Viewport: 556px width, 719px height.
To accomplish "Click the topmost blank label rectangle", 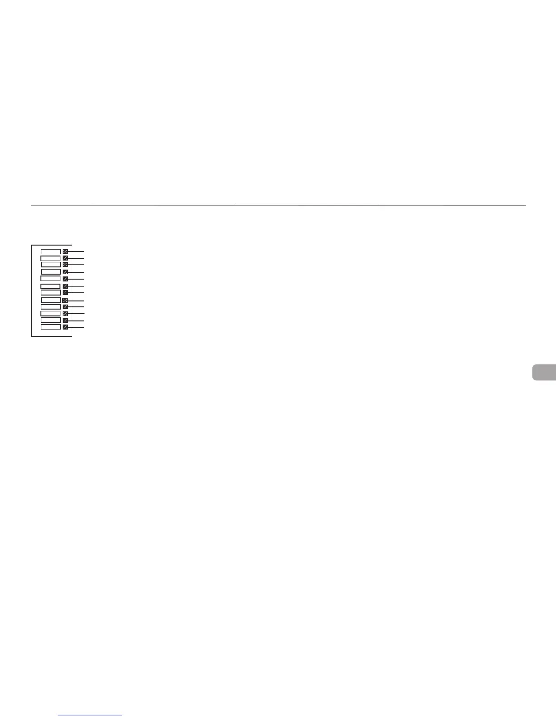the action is pyautogui.click(x=50, y=251).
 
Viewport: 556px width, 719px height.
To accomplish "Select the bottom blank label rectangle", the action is pyautogui.click(x=50, y=327).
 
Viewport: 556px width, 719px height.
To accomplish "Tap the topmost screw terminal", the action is pyautogui.click(x=65, y=251).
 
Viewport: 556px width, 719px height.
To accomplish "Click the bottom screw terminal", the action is pyautogui.click(x=65, y=327).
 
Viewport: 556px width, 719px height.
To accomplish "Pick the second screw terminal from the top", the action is pyautogui.click(x=65, y=258).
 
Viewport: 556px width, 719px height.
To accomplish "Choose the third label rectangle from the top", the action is pyautogui.click(x=50, y=264).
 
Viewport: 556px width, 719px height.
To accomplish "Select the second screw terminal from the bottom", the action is pyautogui.click(x=65, y=320).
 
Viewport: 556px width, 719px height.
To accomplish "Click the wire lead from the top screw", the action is pyautogui.click(x=77, y=251).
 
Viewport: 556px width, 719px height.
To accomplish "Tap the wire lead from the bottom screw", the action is pyautogui.click(x=77, y=327).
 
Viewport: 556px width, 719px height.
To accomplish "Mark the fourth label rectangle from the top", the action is pyautogui.click(x=50, y=271).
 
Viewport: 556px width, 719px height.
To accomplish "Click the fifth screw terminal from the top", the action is pyautogui.click(x=65, y=279).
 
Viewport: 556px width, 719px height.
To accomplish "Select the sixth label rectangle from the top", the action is pyautogui.click(x=50, y=286).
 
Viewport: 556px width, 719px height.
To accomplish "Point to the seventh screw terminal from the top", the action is pyautogui.click(x=65, y=292).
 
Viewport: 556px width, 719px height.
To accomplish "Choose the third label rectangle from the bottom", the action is pyautogui.click(x=50, y=313).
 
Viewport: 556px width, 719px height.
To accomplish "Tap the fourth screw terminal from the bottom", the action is pyautogui.click(x=65, y=307).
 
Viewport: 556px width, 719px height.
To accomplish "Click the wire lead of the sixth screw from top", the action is pyautogui.click(x=77, y=286).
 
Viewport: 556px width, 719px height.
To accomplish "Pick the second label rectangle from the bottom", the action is pyautogui.click(x=50, y=320).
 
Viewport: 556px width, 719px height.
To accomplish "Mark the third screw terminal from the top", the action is pyautogui.click(x=65, y=264).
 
